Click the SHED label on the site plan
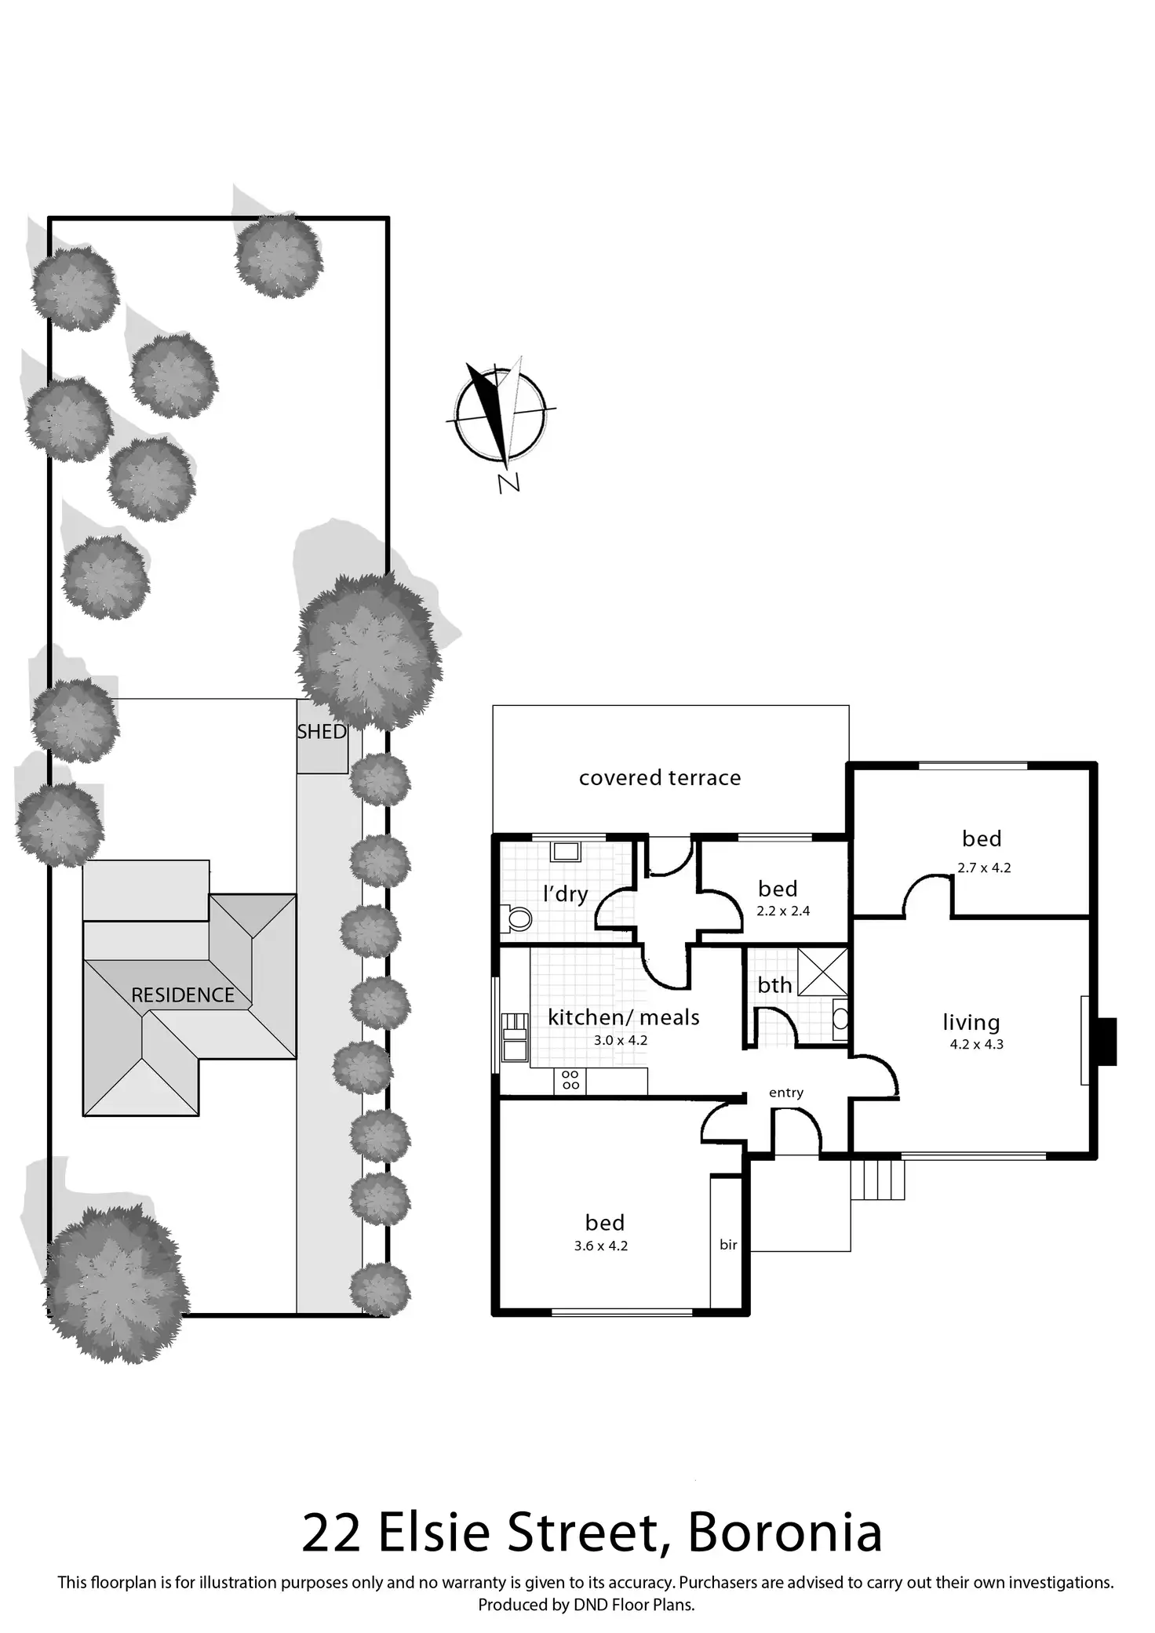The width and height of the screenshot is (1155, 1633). click(x=322, y=732)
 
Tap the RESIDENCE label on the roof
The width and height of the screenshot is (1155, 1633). click(x=183, y=995)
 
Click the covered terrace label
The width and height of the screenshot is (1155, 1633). click(x=660, y=778)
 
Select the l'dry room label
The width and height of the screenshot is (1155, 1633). click(x=565, y=893)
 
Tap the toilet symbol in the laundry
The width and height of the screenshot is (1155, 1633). click(x=516, y=918)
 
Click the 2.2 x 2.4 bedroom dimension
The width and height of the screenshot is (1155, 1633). click(x=783, y=911)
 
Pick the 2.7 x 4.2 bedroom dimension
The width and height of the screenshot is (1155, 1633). click(x=984, y=868)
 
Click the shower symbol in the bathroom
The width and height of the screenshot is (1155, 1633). click(x=822, y=973)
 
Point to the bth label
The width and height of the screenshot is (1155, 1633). click(x=774, y=985)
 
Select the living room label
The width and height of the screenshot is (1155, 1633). click(x=971, y=1023)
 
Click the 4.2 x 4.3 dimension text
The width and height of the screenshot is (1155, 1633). click(x=976, y=1045)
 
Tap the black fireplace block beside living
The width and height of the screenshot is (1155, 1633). click(x=1106, y=1042)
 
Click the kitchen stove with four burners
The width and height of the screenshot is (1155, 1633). click(x=570, y=1080)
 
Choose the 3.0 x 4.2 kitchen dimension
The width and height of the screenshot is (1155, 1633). click(x=620, y=1041)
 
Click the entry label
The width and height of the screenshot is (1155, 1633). click(x=786, y=1093)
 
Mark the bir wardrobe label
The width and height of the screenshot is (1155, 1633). click(x=728, y=1245)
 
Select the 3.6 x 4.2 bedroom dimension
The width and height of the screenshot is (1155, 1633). click(x=600, y=1246)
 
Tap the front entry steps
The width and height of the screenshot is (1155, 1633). click(x=878, y=1180)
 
